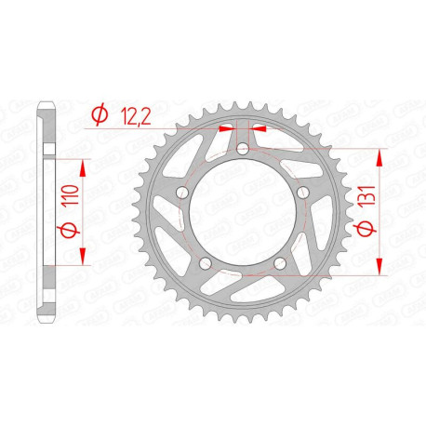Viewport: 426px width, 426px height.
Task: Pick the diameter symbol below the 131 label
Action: point(367,226)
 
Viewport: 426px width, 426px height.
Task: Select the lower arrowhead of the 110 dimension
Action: point(85,257)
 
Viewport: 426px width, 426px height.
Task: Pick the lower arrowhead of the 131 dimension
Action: point(379,269)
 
